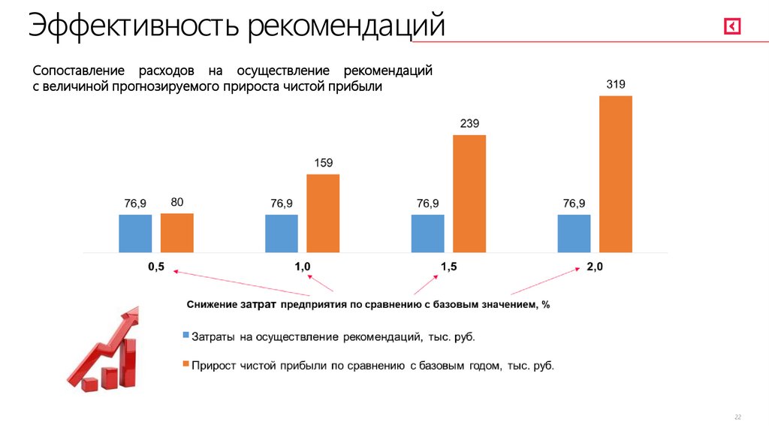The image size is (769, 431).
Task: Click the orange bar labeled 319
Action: point(616,173)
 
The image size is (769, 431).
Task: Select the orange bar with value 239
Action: point(469,193)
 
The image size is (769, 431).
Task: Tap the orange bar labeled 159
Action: point(323,213)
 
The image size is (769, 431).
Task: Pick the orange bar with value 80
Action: point(177,233)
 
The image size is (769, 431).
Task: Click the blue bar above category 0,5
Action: point(135,234)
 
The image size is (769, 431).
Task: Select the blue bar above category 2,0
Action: point(574,234)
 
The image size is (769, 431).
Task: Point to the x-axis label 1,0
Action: point(303,267)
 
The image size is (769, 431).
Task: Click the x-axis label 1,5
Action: point(448,267)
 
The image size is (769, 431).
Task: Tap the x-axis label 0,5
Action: point(156,267)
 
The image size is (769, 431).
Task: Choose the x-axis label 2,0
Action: point(595,267)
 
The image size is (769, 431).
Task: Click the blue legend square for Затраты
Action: point(185,336)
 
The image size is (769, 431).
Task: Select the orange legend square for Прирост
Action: point(185,365)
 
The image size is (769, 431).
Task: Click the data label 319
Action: point(616,85)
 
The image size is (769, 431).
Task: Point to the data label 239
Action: point(469,124)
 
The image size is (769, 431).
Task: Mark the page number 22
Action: point(737,417)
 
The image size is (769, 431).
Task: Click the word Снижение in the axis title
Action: point(213,304)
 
